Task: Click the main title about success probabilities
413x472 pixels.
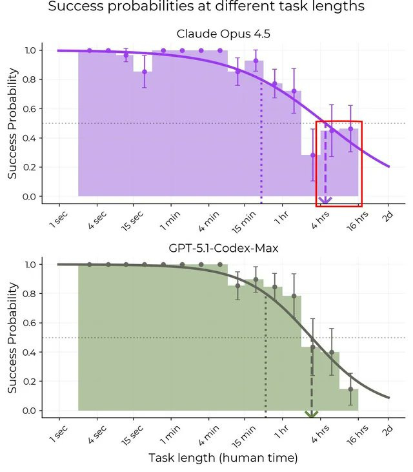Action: pyautogui.click(x=206, y=8)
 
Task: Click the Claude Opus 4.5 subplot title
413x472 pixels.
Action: pyautogui.click(x=223, y=34)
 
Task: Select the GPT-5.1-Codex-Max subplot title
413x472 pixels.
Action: pyautogui.click(x=223, y=248)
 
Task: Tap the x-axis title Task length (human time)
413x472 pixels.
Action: pyautogui.click(x=223, y=458)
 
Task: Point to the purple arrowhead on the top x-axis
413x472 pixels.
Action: pyautogui.click(x=325, y=201)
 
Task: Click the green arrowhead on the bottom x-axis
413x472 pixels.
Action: pyautogui.click(x=312, y=415)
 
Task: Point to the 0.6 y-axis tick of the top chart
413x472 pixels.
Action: pyautogui.click(x=30, y=108)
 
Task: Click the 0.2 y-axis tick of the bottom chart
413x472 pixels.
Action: pyautogui.click(x=30, y=382)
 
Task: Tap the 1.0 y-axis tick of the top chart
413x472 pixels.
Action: pyautogui.click(x=30, y=50)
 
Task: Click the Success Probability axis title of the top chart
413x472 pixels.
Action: pyautogui.click(x=12, y=123)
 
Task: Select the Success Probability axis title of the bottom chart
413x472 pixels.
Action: pyautogui.click(x=12, y=337)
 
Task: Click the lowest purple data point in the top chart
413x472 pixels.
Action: pyautogui.click(x=313, y=155)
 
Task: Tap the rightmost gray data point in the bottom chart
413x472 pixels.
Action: pyautogui.click(x=350, y=389)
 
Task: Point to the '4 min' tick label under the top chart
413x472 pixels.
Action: pyautogui.click(x=206, y=220)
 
